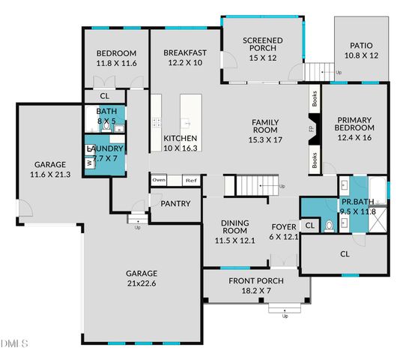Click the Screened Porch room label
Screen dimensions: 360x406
pos(261,47)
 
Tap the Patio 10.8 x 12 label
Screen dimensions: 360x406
pos(361,49)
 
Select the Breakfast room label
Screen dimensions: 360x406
pos(185,58)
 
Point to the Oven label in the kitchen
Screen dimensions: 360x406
pos(159,180)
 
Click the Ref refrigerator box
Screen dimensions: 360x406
pos(191,180)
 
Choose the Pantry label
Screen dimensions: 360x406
pos(176,203)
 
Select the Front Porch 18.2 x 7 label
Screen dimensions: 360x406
pos(254,285)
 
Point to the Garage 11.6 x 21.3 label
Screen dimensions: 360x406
pos(49,169)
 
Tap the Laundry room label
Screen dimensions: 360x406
pos(105,154)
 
